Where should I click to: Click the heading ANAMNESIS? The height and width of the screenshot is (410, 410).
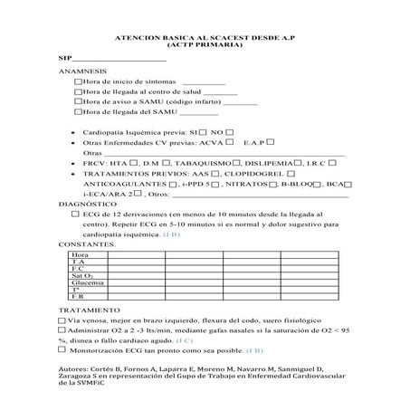point(81,71)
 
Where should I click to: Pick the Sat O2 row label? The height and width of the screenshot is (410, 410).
point(80,276)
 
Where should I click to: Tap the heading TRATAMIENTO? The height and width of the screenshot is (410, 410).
point(86,310)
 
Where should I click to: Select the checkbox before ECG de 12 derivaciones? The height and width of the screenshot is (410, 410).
point(75,215)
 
